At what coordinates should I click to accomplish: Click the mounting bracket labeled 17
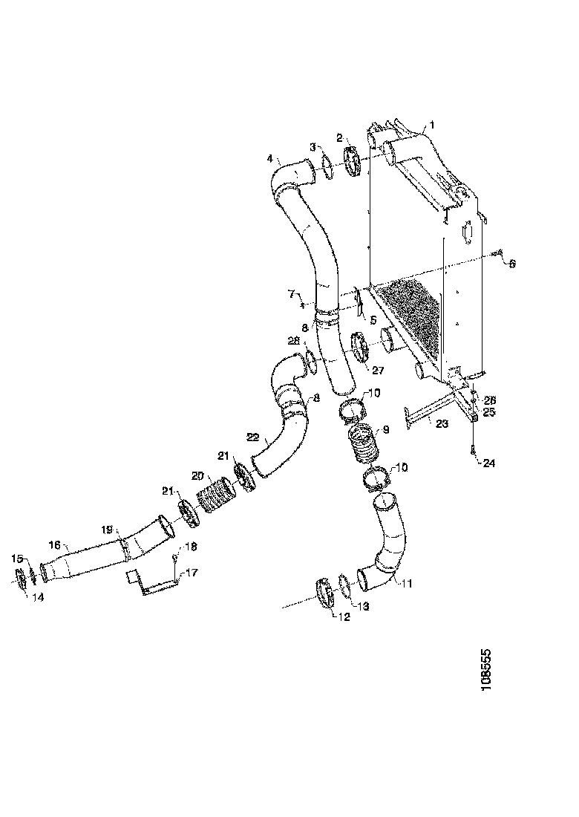tap(152, 583)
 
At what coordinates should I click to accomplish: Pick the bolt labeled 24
tap(473, 449)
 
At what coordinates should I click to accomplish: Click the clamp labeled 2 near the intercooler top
tap(352, 163)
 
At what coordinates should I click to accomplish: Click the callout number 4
tap(271, 158)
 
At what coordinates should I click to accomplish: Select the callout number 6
tap(511, 262)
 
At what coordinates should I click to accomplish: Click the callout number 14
tap(37, 596)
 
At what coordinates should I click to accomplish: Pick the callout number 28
tap(294, 340)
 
